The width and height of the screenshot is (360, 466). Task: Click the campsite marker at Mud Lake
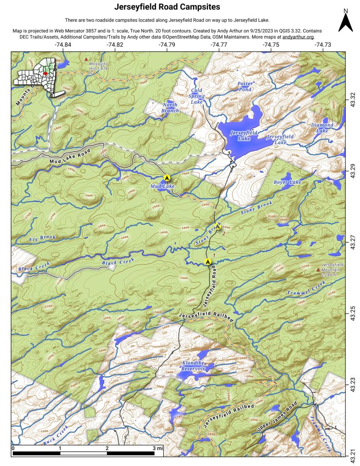click(167, 178)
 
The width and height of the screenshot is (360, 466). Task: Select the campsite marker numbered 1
click(208, 261)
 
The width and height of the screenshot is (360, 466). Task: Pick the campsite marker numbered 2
click(218, 227)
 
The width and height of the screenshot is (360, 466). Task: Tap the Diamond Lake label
click(322, 128)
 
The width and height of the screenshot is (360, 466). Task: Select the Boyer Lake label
click(287, 182)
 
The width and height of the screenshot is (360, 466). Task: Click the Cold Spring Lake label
click(196, 96)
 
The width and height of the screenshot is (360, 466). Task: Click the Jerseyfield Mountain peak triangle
click(318, 270)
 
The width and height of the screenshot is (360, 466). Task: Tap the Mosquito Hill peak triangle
click(86, 59)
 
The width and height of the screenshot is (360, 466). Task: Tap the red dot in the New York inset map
click(46, 73)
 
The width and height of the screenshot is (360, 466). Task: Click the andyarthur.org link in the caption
click(298, 37)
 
